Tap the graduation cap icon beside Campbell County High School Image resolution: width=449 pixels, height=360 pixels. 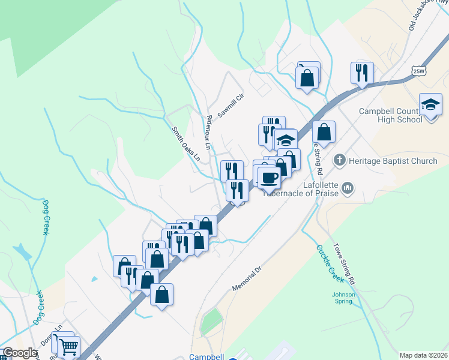click(431, 104)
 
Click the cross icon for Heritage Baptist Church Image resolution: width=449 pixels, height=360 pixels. click(339, 160)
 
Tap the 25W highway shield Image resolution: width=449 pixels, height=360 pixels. click(420, 70)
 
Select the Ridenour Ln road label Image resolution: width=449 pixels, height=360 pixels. click(209, 133)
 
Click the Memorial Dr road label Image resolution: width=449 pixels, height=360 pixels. click(247, 280)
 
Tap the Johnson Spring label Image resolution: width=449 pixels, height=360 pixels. click(343, 298)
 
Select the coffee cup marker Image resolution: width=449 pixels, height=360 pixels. click(269, 178)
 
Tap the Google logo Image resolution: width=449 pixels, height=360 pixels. click(19, 353)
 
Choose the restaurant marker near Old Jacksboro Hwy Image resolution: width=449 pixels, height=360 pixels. click(362, 73)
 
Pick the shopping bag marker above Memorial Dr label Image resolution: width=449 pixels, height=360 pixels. click(162, 295)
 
